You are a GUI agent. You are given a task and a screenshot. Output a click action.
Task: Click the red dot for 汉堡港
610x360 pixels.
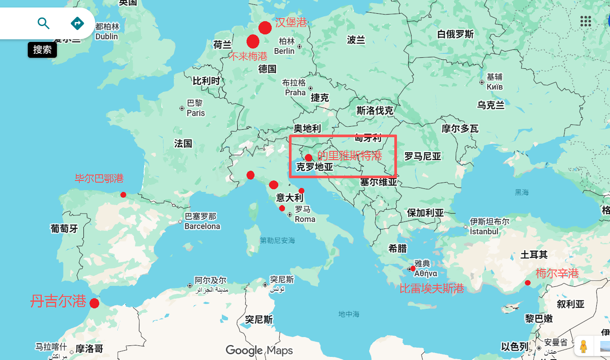(265, 27)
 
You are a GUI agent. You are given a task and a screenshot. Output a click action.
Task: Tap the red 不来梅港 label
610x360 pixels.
(248, 56)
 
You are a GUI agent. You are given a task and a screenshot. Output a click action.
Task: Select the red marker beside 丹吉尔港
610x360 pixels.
(94, 304)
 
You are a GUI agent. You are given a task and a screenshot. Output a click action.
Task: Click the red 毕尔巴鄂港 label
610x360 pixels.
(99, 179)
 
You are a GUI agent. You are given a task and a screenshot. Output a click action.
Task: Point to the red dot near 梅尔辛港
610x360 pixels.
(528, 283)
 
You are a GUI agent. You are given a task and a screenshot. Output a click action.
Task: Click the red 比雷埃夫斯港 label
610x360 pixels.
(431, 289)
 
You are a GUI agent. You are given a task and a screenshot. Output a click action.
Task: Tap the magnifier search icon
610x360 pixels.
(43, 23)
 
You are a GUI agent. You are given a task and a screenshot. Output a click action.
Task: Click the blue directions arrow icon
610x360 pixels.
(77, 23)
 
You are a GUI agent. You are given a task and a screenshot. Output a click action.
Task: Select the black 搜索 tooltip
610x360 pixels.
(42, 50)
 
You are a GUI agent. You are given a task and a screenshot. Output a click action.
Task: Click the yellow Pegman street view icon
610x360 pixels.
(584, 346)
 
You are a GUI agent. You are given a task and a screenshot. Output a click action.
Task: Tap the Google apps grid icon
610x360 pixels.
(585, 21)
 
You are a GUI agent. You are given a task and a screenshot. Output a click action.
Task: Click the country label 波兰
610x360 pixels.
(356, 40)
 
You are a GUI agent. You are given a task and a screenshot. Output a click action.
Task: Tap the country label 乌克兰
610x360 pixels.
(490, 105)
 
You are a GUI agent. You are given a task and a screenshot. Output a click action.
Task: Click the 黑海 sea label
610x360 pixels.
(521, 192)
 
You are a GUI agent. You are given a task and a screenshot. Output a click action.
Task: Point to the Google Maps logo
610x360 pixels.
(259, 350)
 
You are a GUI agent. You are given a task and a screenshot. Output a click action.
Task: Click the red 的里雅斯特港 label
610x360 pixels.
(349, 156)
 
